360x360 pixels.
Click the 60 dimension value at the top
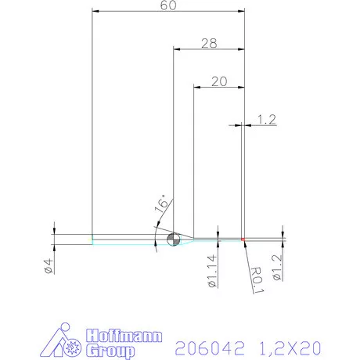[x=167, y=5]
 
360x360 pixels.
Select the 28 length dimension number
[x=208, y=44]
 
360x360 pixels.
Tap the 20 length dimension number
[x=219, y=81]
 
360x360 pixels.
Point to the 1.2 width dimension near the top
[x=266, y=119]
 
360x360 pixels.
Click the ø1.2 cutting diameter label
[x=276, y=265]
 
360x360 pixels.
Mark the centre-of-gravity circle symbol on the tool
[x=173, y=239]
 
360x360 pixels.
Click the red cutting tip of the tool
[x=243, y=239]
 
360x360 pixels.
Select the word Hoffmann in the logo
[x=123, y=336]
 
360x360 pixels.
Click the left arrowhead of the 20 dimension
[x=196, y=88]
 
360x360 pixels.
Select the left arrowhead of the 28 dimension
[x=175, y=49]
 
